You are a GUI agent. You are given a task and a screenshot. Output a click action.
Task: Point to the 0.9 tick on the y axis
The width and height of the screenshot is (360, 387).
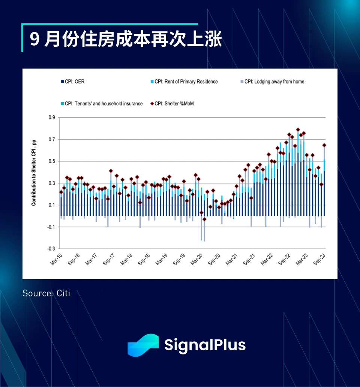tap(51, 118)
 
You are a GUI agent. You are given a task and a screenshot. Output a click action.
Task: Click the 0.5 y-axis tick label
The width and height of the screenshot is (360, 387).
tap(51, 161)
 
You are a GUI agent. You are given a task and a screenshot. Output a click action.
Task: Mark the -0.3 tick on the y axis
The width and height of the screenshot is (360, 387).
tap(51, 249)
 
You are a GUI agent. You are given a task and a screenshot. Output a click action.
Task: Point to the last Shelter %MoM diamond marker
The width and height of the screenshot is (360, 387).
tap(324, 145)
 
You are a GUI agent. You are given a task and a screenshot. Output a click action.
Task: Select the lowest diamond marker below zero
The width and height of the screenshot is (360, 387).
tap(204, 219)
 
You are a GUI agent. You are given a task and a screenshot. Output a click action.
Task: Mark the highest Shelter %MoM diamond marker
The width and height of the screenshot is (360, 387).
tap(298, 130)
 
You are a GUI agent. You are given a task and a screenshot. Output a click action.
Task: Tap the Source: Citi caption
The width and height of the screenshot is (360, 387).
tap(46, 293)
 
